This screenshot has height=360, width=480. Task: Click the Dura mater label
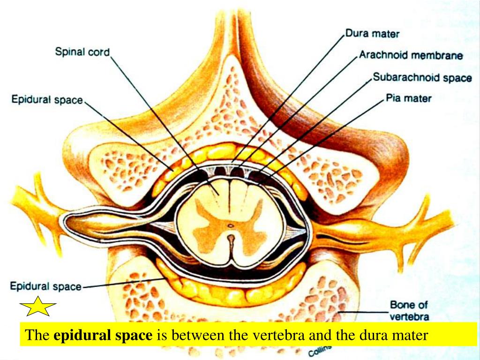point(372,34)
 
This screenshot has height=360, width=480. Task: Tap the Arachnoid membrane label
point(411,55)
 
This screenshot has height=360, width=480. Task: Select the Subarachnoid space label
point(422,77)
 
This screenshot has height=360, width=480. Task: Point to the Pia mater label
point(408,98)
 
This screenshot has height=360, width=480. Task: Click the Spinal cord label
point(82,52)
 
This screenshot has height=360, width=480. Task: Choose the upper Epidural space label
point(47,99)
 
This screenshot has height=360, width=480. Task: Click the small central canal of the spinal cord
point(230,225)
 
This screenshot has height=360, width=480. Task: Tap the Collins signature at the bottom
point(319,351)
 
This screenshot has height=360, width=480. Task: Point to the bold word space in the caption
point(133,336)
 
